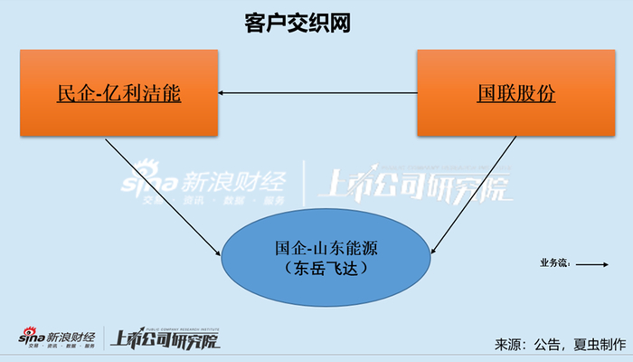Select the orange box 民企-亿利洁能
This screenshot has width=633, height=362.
click(x=118, y=93)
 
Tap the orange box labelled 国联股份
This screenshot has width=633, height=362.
click(x=516, y=93)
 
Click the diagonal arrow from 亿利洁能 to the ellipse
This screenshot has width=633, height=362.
click(x=163, y=195)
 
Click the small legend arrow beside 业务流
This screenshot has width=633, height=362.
click(x=591, y=264)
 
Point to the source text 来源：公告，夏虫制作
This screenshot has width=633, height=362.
click(x=560, y=344)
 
